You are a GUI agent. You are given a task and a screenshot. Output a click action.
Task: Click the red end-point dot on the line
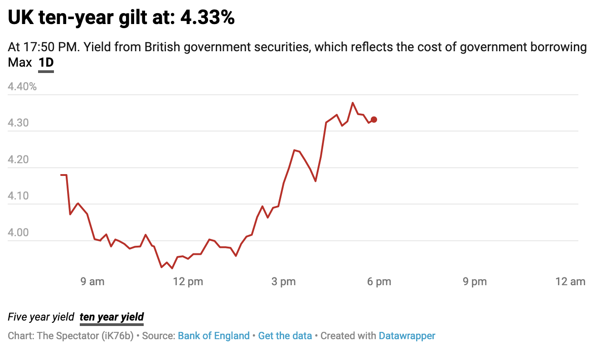(x=374, y=120)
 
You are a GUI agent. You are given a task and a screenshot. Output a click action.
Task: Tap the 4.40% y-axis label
(x=22, y=87)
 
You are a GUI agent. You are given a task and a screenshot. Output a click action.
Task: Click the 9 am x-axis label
(x=92, y=282)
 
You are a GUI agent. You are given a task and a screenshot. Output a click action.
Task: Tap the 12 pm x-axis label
(x=188, y=282)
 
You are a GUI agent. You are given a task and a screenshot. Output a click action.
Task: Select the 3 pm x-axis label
(x=284, y=282)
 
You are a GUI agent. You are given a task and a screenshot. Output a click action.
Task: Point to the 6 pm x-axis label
(x=379, y=282)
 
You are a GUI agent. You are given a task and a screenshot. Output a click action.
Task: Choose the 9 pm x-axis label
(x=475, y=282)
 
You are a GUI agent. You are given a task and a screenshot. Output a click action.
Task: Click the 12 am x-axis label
(x=570, y=282)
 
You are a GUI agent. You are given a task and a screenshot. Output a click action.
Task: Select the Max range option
(x=20, y=63)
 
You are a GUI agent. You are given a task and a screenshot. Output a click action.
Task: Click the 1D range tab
(x=46, y=63)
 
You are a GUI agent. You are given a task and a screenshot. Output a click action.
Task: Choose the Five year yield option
(x=41, y=317)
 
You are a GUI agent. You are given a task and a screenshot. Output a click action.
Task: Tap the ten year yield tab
(x=112, y=317)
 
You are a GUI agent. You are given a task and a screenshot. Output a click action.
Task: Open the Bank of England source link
(x=213, y=336)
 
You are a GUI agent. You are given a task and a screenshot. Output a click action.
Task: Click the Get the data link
(x=285, y=336)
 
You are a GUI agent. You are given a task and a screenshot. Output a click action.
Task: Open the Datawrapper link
(x=407, y=336)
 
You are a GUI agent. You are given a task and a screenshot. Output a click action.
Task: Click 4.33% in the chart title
(x=208, y=18)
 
